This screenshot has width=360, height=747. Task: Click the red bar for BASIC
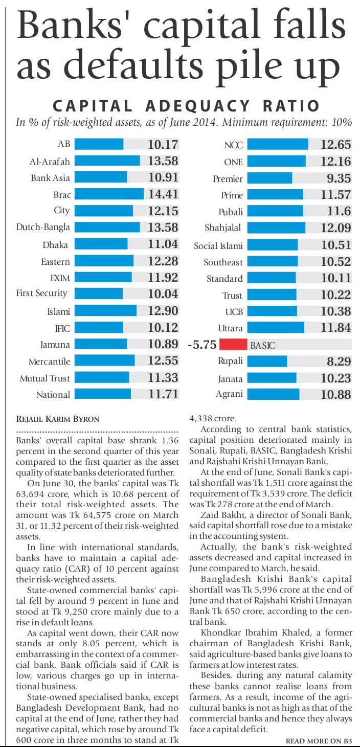click(x=233, y=345)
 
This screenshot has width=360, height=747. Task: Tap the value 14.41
click(x=163, y=194)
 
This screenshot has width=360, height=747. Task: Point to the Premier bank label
click(x=228, y=179)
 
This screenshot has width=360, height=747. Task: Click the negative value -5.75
click(x=202, y=345)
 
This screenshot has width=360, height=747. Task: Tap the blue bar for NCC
click(x=278, y=145)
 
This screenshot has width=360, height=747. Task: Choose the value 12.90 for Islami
click(x=163, y=311)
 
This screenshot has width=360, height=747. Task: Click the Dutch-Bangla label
click(x=43, y=227)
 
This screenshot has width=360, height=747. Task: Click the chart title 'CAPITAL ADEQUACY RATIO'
click(x=186, y=106)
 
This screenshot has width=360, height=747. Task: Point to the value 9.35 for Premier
click(x=339, y=178)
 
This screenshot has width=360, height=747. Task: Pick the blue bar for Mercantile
click(x=105, y=361)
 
